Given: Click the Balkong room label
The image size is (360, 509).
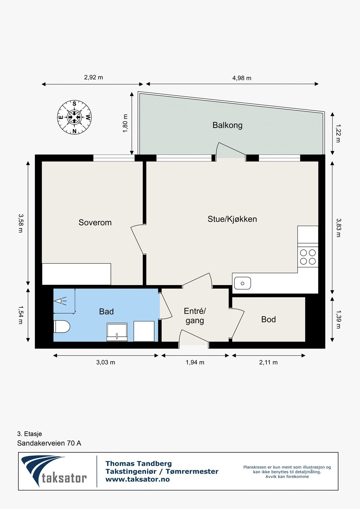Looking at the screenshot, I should point(227,125).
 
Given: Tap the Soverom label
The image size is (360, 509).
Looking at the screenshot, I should point(95,222).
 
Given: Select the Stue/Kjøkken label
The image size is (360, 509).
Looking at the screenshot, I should point(232,219).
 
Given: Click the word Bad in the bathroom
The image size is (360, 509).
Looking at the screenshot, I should point(106,311).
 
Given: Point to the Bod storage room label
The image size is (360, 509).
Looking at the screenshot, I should point(268,319).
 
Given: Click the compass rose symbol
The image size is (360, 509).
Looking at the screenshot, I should point(74,117).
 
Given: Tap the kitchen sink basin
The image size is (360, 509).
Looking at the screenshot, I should point(243,283).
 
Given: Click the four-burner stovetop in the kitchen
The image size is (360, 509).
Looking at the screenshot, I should point(308,257).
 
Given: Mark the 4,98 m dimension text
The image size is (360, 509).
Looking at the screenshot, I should point(242,78).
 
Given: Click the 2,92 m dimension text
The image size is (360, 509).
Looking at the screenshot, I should point(93,77).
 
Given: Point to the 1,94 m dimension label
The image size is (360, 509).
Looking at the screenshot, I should point(195,362).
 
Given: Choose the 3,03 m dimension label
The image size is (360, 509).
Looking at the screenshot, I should point(106,362).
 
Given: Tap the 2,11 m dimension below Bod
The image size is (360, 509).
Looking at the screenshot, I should point(268,362).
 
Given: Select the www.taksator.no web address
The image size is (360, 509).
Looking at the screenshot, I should point(138,479).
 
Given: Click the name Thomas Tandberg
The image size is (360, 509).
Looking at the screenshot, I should point(138,464).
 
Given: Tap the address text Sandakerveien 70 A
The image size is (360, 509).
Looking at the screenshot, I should point(49,443).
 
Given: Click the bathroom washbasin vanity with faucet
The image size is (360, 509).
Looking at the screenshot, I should point(117,332).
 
